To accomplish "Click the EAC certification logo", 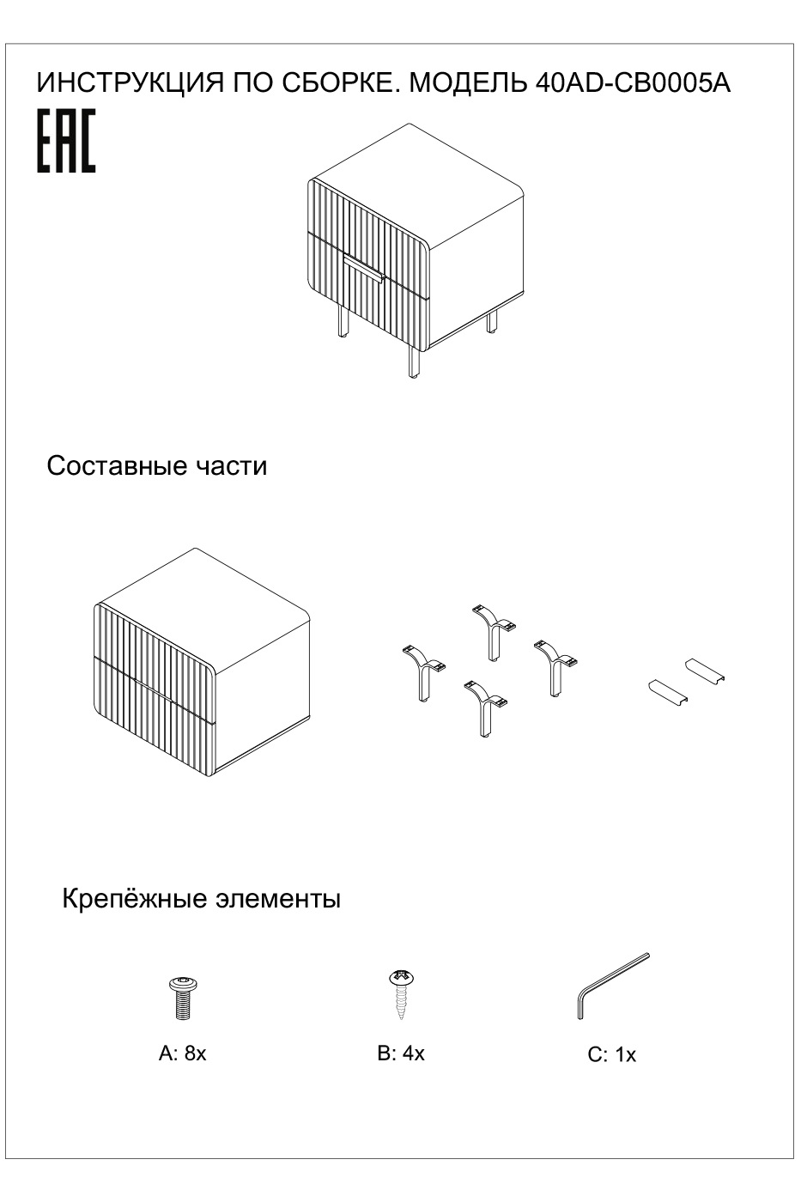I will click(65, 142).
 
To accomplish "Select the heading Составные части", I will click(156, 466).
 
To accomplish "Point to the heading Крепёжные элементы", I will click(201, 900).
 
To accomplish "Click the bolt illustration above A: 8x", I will click(182, 996).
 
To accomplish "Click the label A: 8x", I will click(182, 1053).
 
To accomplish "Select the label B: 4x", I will click(400, 1053).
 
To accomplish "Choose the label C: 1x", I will click(611, 1055).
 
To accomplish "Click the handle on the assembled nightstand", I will click(364, 267).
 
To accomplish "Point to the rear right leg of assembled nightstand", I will click(492, 322).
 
